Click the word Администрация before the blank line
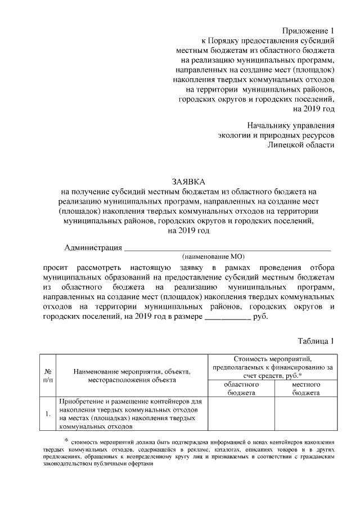point(93,247)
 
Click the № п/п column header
point(48,376)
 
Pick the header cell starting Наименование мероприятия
point(132,376)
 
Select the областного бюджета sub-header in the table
point(241,389)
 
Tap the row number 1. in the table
point(48,415)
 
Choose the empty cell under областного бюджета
point(241,415)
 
